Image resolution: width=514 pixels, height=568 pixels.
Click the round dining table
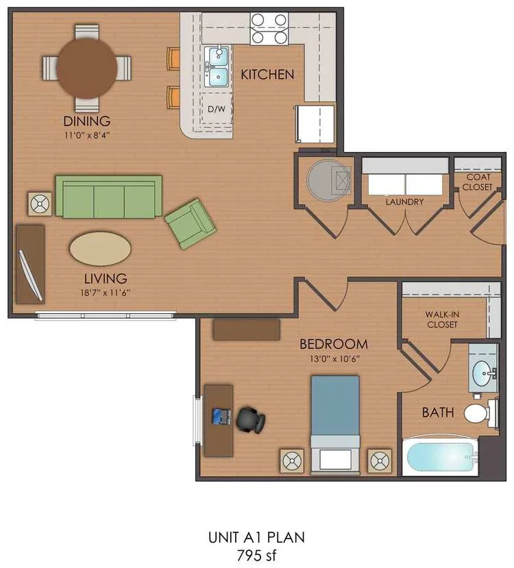86,67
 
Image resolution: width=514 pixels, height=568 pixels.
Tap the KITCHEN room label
267,74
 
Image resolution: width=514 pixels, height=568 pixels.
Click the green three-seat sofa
108,197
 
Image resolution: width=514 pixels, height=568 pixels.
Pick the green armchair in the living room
191,223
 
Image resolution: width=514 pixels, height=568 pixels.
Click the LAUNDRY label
404,202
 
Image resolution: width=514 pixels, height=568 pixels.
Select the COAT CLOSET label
477,182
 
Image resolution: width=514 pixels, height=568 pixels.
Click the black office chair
250,420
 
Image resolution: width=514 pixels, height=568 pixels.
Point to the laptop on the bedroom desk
221,415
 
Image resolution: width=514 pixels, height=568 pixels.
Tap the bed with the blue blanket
335,423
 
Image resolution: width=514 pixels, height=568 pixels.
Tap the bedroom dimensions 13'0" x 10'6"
333,358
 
